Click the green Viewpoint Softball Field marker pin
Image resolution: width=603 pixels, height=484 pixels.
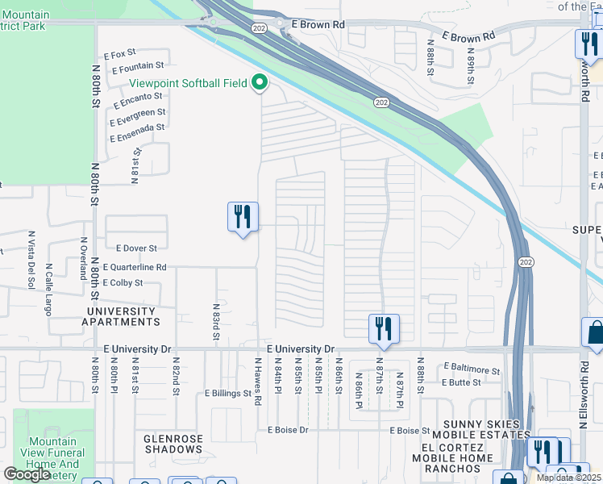coord(260,83)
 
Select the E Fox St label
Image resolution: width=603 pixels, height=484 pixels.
coord(120,55)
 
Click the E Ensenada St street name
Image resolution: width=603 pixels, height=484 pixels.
coord(137,127)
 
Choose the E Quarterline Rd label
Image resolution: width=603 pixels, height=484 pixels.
coord(135,267)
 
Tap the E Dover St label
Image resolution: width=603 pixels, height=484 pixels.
coord(136,248)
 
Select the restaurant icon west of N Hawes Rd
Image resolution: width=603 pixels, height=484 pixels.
coord(243,217)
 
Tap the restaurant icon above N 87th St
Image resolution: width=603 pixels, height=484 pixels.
coord(383,328)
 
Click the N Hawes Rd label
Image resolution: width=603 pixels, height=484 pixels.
coord(258,387)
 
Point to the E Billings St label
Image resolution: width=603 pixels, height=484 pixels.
coord(228,394)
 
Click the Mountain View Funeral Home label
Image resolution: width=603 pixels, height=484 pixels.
coord(52,458)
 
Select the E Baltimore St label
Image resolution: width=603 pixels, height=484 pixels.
coord(472,369)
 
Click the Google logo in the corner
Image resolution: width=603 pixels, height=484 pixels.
coord(27,474)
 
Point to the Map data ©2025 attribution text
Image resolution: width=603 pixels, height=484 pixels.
coord(568,478)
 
